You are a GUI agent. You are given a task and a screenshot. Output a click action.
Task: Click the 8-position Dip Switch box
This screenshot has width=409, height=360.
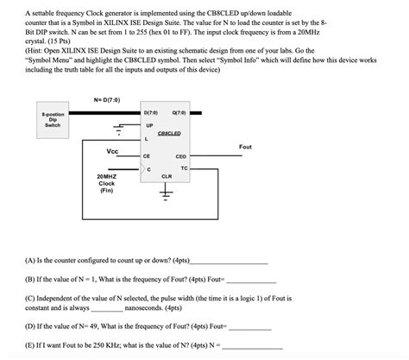tap(53, 120)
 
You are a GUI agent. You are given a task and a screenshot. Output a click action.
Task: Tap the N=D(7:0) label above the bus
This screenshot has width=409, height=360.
tap(107, 100)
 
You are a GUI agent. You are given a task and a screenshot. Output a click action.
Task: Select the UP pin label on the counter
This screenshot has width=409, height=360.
tap(149, 126)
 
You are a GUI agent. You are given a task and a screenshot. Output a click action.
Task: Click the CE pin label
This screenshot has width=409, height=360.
tap(147, 156)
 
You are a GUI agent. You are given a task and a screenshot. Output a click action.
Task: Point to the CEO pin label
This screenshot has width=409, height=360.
tap(181, 156)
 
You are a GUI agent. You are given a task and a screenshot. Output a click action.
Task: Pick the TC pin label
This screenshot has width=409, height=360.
tap(185, 168)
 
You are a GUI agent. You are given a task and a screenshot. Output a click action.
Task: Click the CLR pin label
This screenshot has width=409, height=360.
tap(167, 176)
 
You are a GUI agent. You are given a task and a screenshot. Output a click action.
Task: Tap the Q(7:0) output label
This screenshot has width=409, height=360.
tap(179, 113)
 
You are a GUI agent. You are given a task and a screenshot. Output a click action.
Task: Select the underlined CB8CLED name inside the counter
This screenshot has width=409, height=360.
tap(169, 134)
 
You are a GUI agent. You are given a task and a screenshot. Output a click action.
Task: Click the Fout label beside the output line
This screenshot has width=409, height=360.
tap(245, 147)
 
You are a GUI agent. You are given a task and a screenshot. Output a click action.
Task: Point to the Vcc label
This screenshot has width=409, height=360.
tap(112, 151)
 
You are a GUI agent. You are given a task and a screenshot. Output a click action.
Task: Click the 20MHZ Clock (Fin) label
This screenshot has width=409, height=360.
tap(107, 183)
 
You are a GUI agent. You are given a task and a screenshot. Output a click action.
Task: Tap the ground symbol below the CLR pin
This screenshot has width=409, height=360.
tap(166, 193)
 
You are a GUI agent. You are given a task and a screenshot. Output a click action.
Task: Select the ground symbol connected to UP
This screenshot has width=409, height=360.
tap(118, 129)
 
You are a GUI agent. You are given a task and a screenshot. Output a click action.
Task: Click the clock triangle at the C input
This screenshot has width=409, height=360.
tap(143, 168)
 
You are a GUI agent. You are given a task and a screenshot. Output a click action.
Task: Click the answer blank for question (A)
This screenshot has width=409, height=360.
tap(230, 263)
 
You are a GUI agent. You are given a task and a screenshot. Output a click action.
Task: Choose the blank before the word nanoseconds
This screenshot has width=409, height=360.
tap(107, 311)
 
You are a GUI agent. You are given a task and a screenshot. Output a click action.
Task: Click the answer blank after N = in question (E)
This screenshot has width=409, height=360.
tap(253, 349)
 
